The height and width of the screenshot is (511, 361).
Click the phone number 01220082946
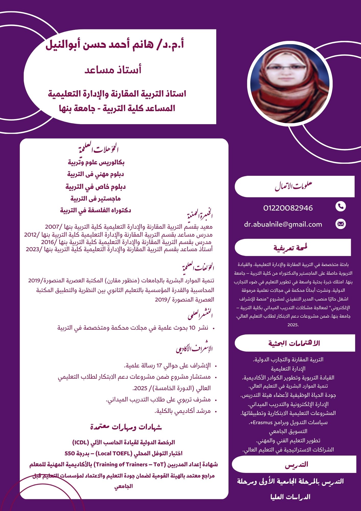click(x=288, y=208)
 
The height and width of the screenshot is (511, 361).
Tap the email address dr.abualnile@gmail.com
click(x=283, y=224)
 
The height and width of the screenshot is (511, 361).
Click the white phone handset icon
click(x=341, y=206)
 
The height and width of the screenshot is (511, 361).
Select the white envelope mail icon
click(x=341, y=224)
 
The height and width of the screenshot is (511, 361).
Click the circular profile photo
click(x=290, y=84)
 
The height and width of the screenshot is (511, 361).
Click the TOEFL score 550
click(x=70, y=454)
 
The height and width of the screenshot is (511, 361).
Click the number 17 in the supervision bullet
click(x=159, y=366)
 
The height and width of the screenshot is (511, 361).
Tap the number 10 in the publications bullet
click(x=192, y=328)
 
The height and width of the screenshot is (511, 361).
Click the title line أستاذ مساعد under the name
click(x=113, y=69)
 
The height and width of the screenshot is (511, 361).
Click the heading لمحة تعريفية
click(x=290, y=248)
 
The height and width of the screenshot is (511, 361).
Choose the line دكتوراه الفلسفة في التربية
click(x=95, y=210)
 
